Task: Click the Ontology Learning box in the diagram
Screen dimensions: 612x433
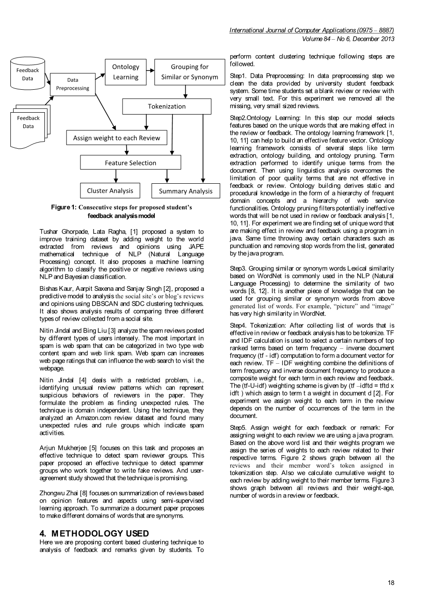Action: (x=125, y=72)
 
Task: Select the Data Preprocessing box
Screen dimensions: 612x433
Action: (x=72, y=84)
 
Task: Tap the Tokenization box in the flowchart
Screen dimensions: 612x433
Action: (x=166, y=106)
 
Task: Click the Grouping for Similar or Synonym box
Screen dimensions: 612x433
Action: (x=189, y=72)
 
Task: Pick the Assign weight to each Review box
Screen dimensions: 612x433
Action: (x=116, y=138)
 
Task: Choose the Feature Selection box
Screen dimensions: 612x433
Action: (x=130, y=163)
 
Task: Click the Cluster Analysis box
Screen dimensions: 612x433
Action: (x=110, y=190)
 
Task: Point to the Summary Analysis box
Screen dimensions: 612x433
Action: (x=186, y=191)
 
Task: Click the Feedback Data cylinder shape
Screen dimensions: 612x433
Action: (x=28, y=74)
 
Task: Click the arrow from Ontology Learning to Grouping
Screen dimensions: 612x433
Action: (x=150, y=71)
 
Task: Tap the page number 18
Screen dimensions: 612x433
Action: (x=391, y=583)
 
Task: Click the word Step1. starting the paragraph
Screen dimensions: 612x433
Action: (x=239, y=76)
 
